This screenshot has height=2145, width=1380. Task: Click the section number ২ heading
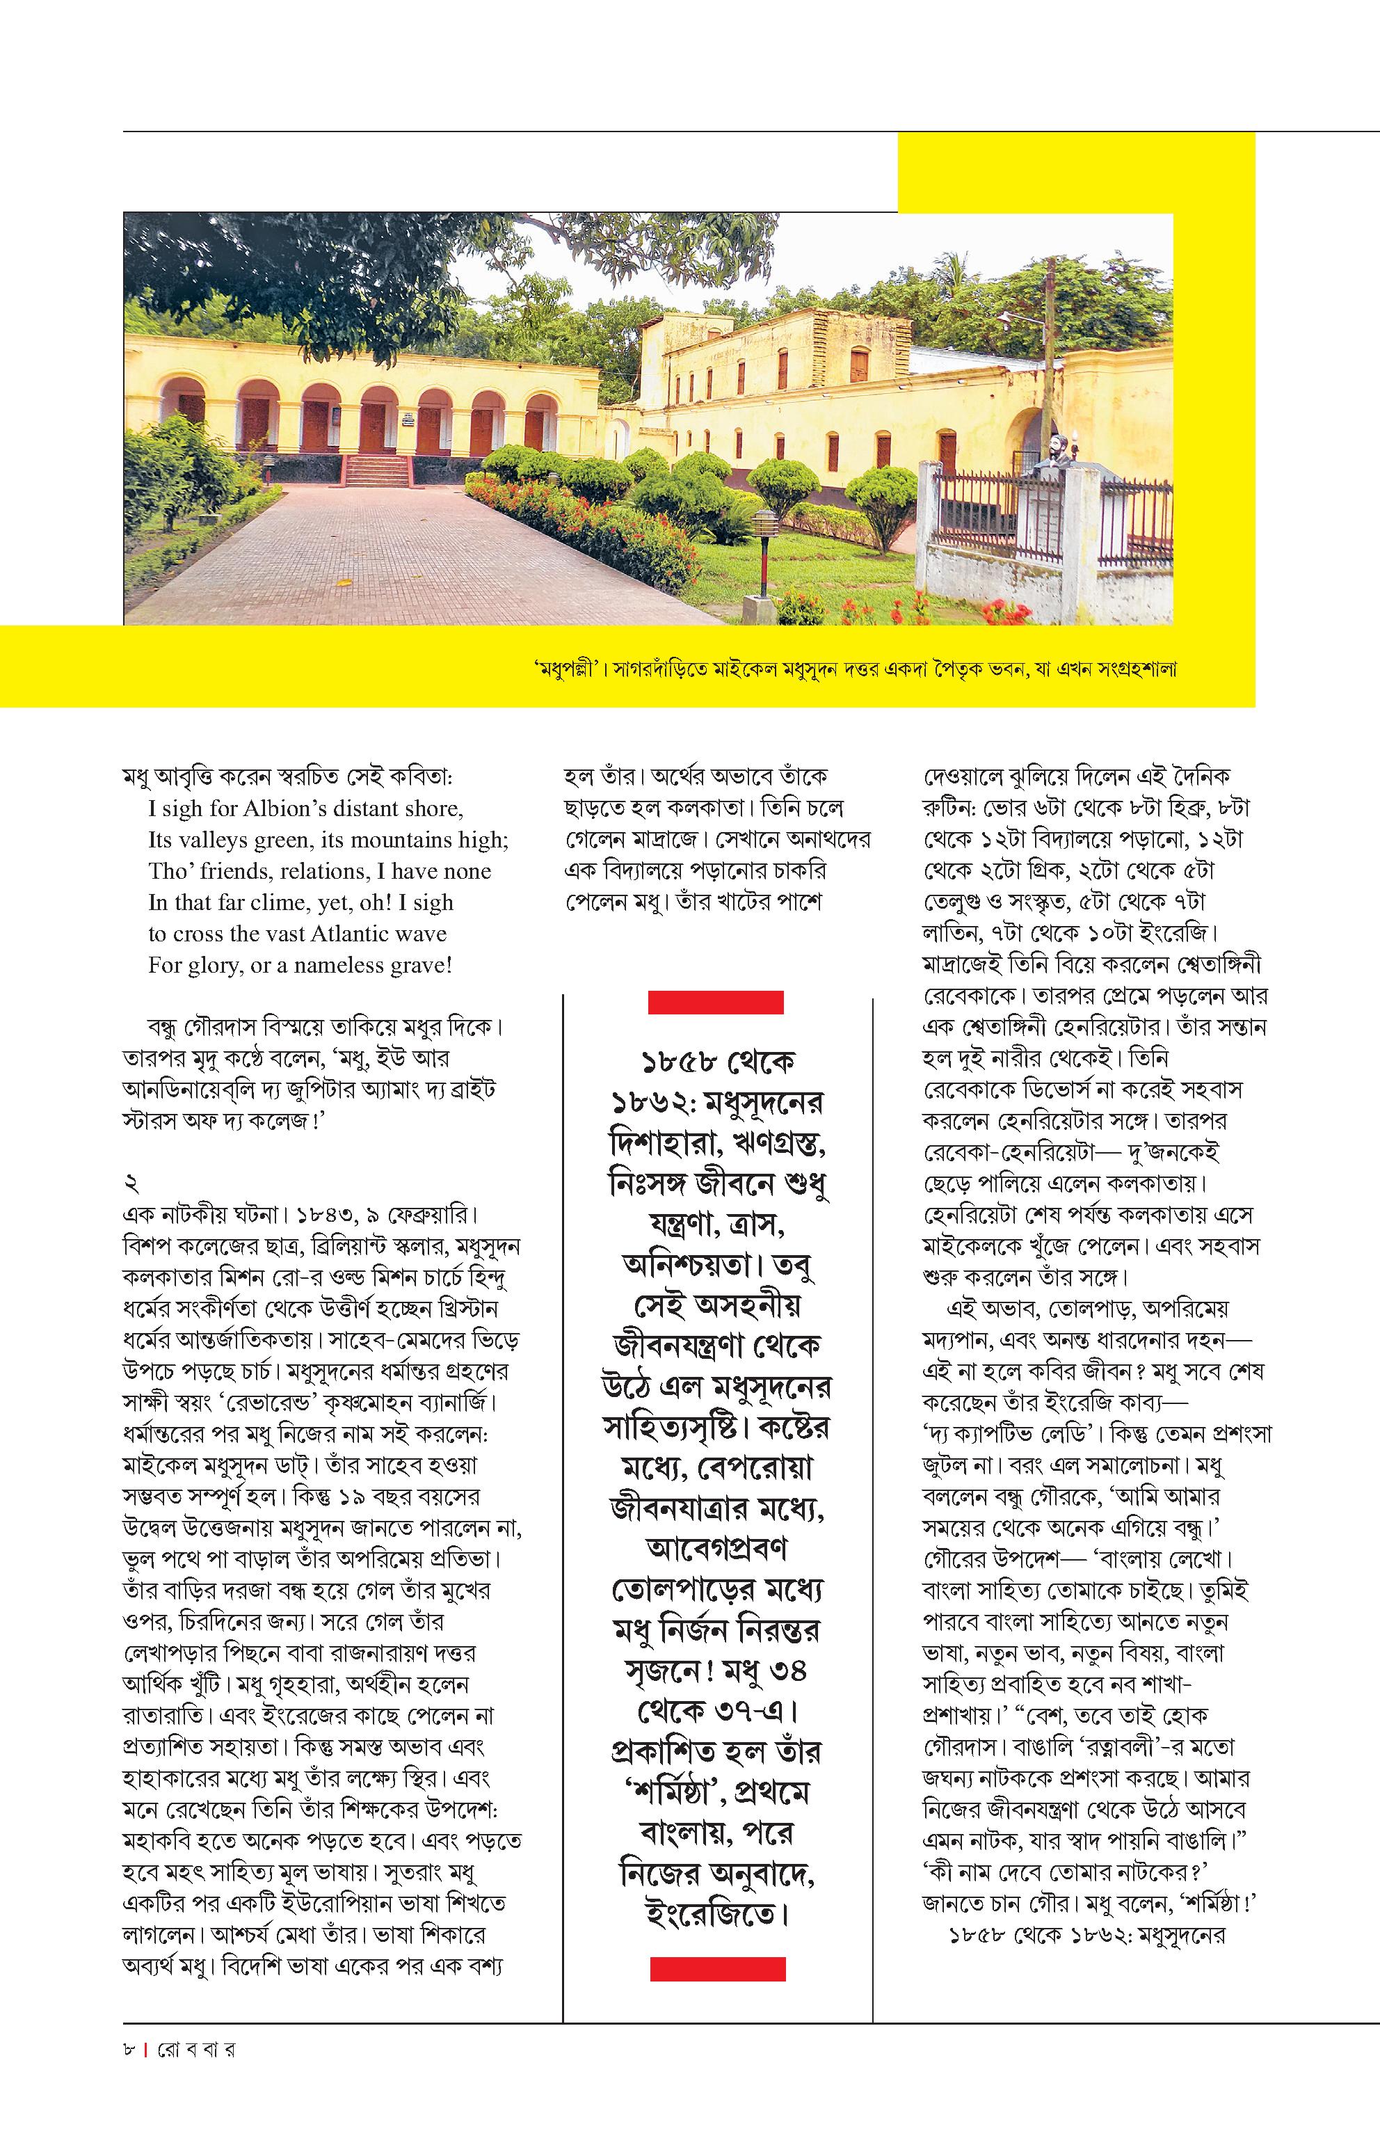point(131,1184)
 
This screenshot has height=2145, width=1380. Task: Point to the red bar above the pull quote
point(715,1002)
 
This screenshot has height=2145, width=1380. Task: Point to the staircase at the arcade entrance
point(377,470)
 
